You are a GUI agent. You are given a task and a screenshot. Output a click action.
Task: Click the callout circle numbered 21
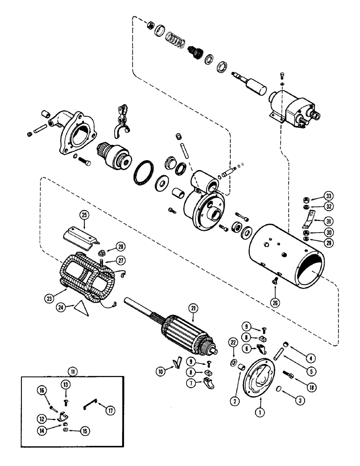tap(192, 307)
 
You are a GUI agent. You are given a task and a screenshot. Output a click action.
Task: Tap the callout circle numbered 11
tap(72, 371)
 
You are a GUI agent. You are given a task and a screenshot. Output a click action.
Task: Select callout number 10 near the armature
tap(161, 371)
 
